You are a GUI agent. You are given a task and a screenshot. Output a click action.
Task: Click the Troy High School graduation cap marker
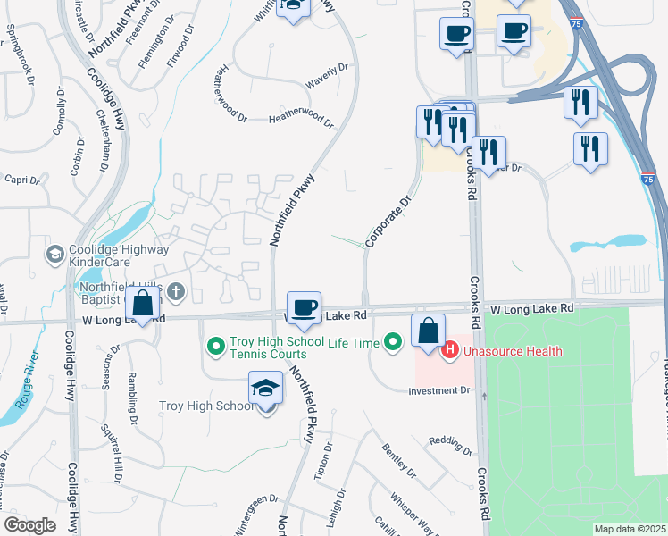point(265,389)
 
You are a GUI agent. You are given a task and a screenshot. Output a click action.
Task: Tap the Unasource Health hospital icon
point(450,350)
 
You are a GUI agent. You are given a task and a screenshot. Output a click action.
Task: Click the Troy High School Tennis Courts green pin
point(215,345)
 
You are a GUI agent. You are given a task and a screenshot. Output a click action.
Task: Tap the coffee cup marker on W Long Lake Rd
point(305,308)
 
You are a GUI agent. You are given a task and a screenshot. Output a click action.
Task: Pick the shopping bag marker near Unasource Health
point(429,330)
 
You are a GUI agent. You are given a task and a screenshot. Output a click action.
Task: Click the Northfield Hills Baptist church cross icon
point(177,290)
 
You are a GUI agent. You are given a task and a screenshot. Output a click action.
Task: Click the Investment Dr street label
point(438,390)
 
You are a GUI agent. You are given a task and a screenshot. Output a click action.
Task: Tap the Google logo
point(29,525)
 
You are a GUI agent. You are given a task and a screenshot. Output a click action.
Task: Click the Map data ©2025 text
point(629,529)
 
